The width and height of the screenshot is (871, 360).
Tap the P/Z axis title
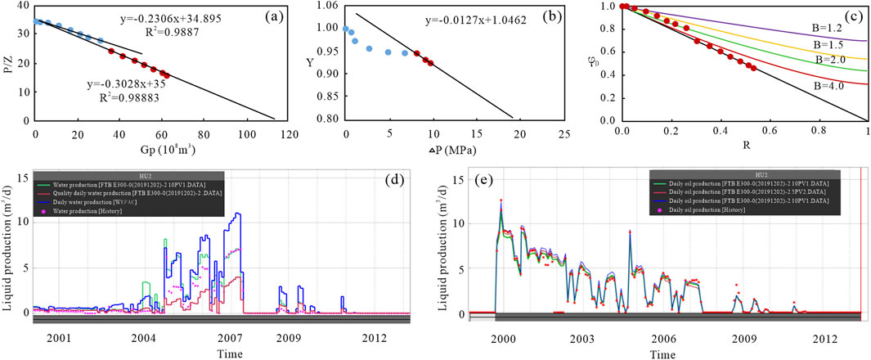[7, 63]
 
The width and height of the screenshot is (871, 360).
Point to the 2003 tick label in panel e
[581, 337]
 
